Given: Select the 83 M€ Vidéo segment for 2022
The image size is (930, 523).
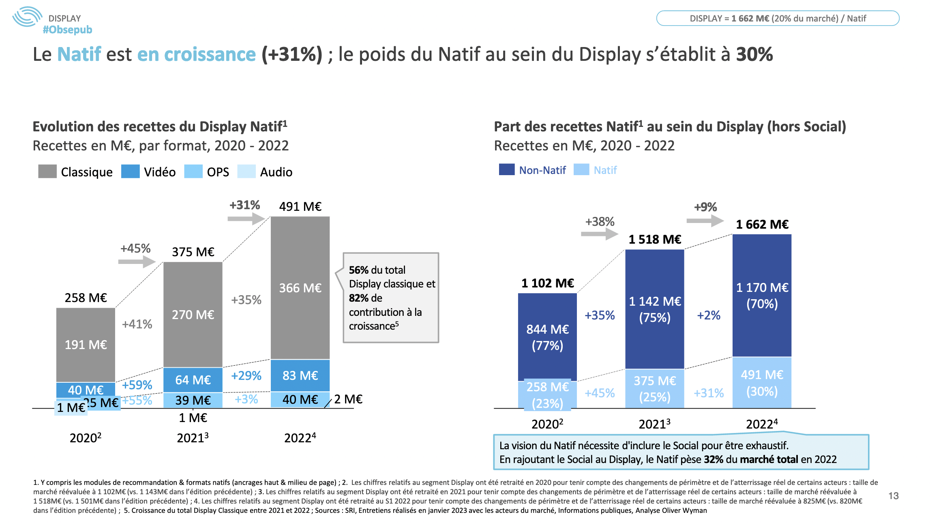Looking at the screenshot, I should [300, 375].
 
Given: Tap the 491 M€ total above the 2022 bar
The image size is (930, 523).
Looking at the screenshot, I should [300, 207].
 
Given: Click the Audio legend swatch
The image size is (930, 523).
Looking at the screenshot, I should [246, 171].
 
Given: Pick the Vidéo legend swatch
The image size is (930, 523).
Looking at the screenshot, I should [130, 171].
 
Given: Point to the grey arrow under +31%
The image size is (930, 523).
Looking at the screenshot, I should [246, 219].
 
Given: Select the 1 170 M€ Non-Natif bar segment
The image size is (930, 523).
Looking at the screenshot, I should [762, 295].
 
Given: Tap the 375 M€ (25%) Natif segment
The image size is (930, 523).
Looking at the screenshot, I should [654, 388].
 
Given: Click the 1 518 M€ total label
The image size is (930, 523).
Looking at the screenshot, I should [654, 240].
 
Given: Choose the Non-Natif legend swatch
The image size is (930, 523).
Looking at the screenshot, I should [506, 169].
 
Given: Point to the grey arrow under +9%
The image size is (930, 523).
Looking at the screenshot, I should [705, 221].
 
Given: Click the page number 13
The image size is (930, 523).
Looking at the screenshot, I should [893, 496].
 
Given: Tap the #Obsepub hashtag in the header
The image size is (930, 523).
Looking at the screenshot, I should [67, 30].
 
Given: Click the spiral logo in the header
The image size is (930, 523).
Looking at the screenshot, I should [27, 17].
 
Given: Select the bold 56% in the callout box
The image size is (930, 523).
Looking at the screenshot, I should [358, 270].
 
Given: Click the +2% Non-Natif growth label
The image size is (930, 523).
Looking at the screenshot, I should [708, 315].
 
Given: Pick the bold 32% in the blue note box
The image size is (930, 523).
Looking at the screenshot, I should [714, 459].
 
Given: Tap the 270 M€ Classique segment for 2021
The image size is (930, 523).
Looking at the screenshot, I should [193, 315].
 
